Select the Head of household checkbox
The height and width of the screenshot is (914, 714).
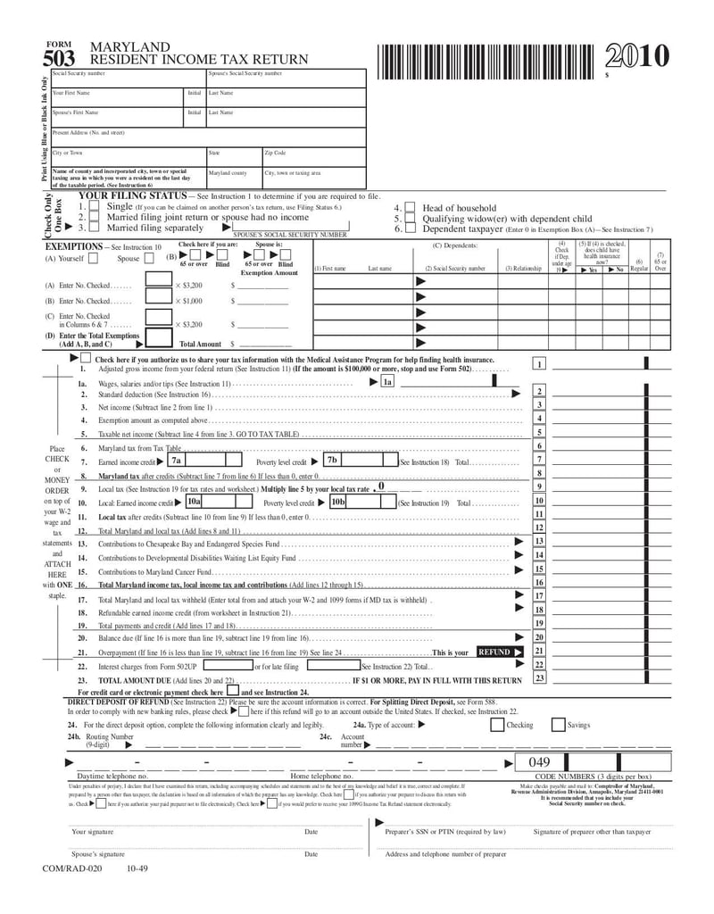[410, 207]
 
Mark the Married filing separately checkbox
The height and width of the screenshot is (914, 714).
[95, 228]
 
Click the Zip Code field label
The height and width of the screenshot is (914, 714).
[274, 153]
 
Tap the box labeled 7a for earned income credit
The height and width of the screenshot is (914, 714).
[177, 461]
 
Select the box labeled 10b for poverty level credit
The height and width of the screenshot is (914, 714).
[337, 503]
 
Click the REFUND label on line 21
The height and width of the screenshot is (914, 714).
[495, 652]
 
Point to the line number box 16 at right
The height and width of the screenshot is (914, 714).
[539, 583]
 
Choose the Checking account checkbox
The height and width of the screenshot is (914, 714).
[496, 725]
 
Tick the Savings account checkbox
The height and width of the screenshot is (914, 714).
[558, 725]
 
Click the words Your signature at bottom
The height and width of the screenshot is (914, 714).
[92, 832]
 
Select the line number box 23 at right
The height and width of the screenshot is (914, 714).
[539, 678]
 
